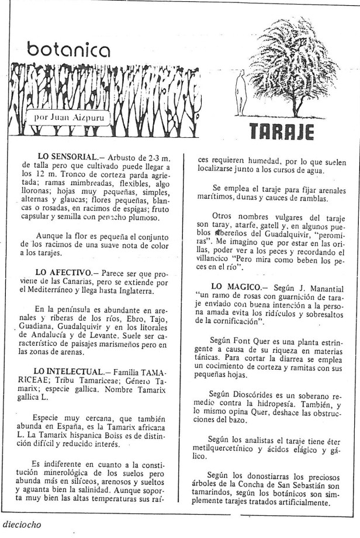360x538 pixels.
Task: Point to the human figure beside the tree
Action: (x=240, y=93)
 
